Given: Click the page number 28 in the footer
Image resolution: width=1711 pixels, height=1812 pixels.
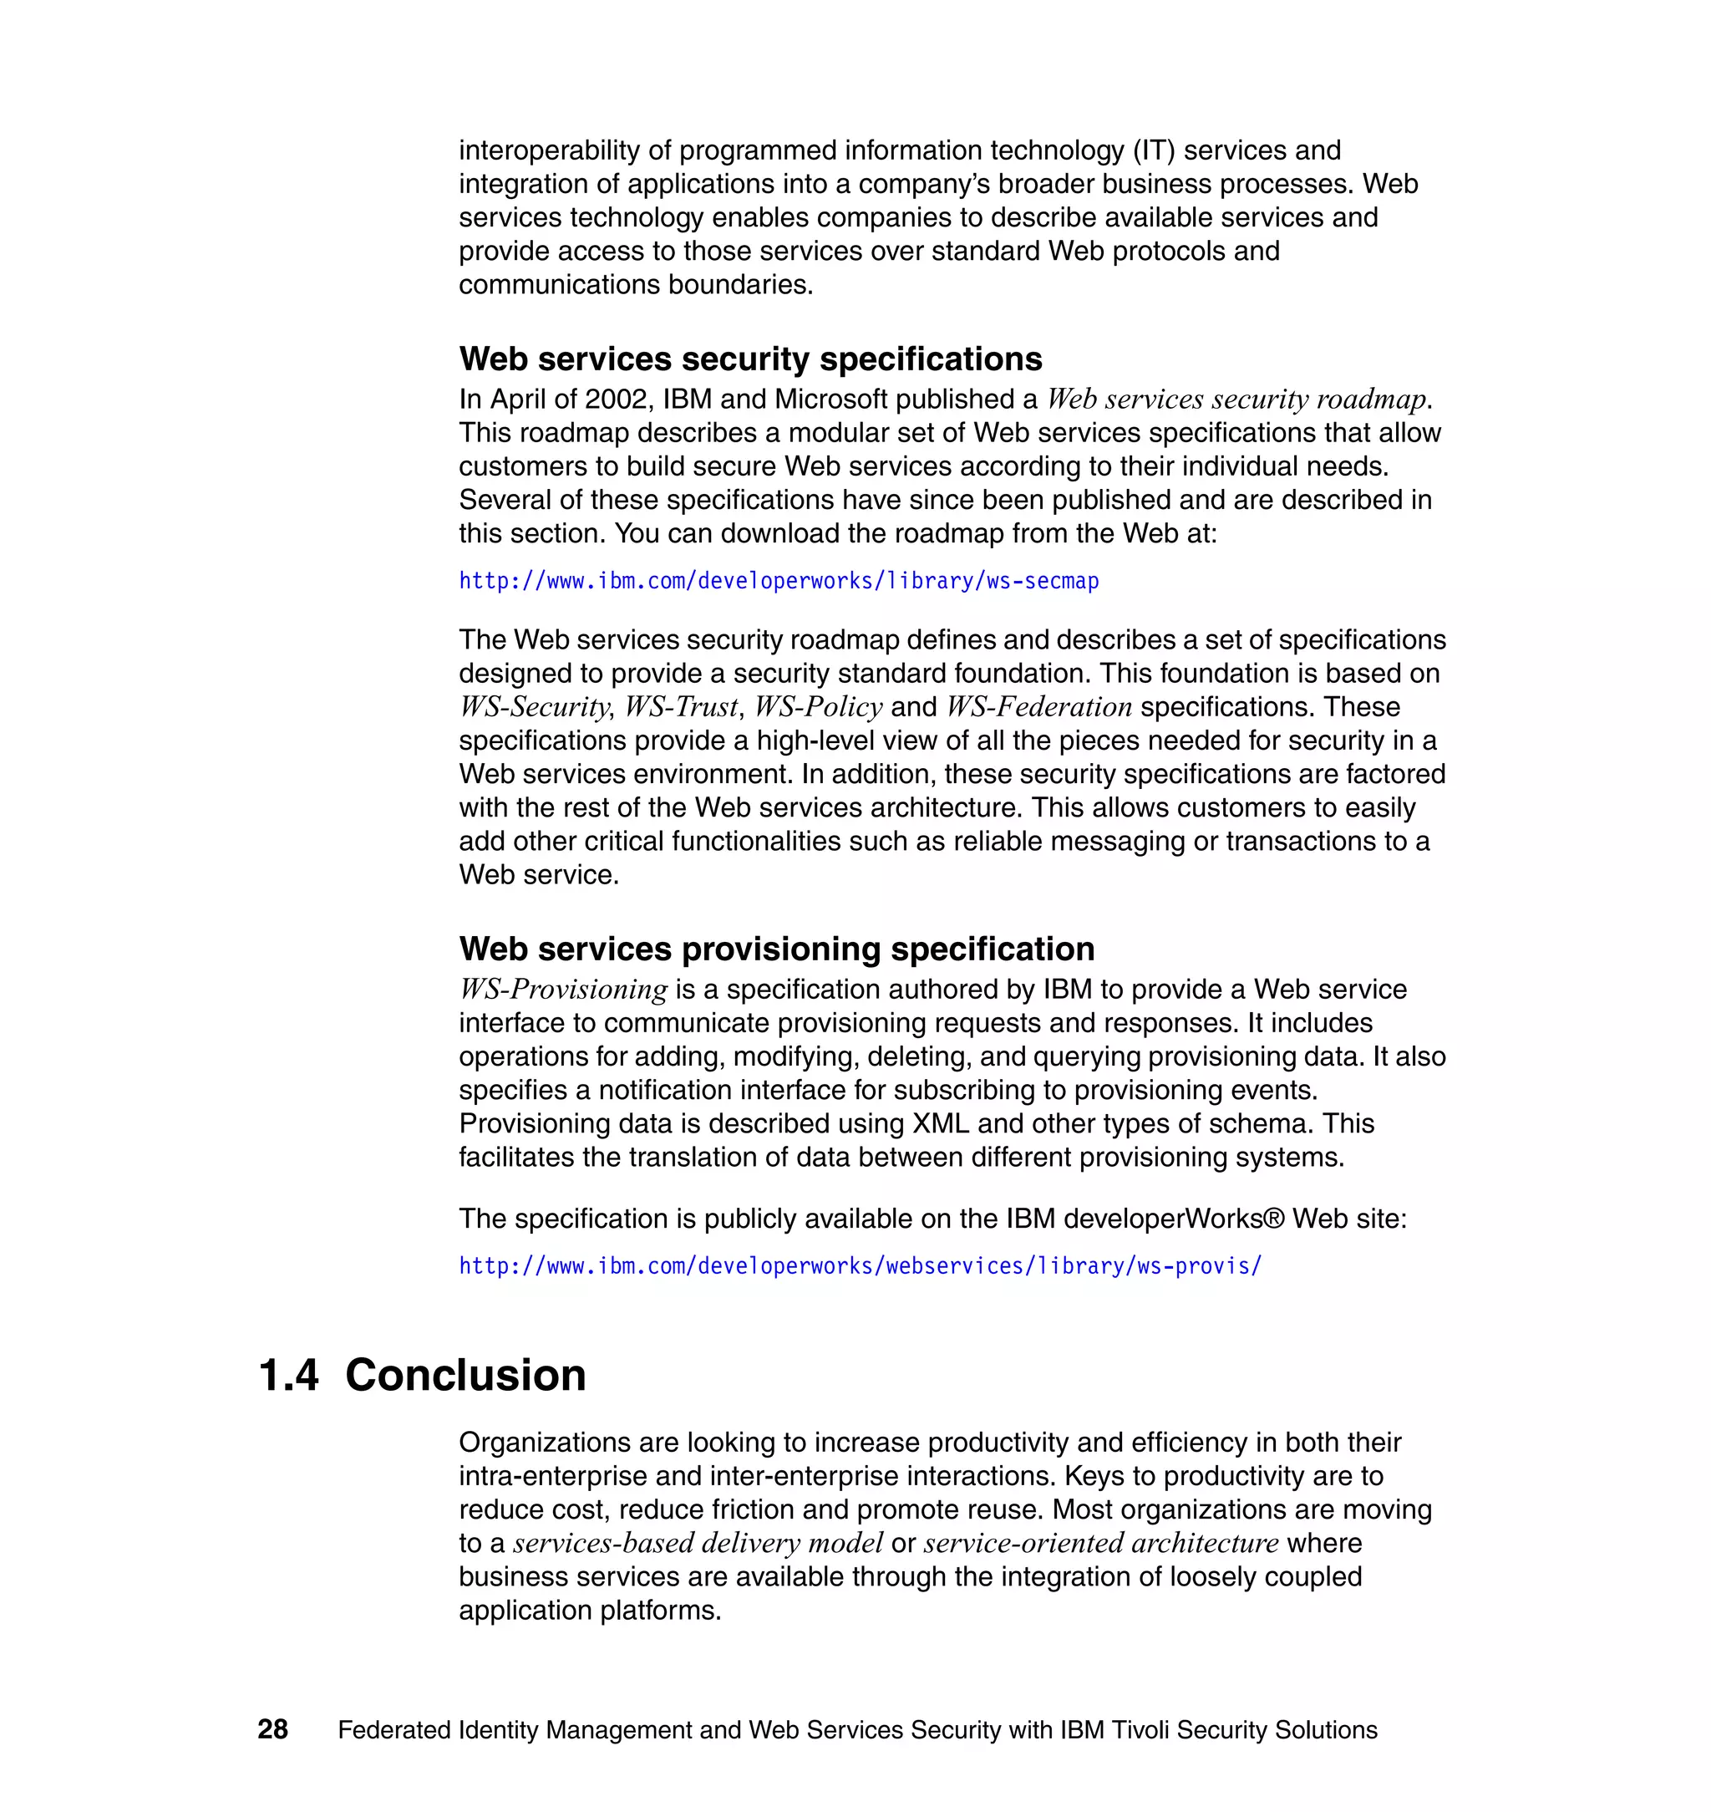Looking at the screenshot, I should point(272,1729).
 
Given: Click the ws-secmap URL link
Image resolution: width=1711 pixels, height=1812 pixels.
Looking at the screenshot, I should point(778,581).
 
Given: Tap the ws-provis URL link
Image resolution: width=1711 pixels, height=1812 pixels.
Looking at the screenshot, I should point(859,1265).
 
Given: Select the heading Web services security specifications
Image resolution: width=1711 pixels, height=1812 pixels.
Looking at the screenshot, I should point(749,359).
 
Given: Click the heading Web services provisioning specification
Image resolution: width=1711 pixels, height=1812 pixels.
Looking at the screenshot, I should point(776,949).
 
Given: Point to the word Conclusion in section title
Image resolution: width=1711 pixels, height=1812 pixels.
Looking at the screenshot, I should point(465,1375).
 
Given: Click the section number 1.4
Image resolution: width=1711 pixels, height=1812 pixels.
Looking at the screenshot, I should point(288,1375).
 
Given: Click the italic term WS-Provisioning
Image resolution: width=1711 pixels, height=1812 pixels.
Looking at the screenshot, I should point(563,990).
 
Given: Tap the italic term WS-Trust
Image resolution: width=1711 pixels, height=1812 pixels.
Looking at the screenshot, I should point(681,707).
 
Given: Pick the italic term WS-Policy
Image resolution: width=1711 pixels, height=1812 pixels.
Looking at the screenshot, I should point(818,707).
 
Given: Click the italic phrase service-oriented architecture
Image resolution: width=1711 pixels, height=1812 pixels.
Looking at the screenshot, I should point(1101,1544).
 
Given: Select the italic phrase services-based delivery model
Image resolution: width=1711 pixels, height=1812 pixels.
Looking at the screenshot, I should point(697,1544).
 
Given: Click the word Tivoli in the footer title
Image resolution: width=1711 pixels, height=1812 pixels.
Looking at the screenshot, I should point(1140,1730).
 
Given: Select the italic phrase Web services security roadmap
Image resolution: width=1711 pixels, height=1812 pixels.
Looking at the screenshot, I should point(1236,400).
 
